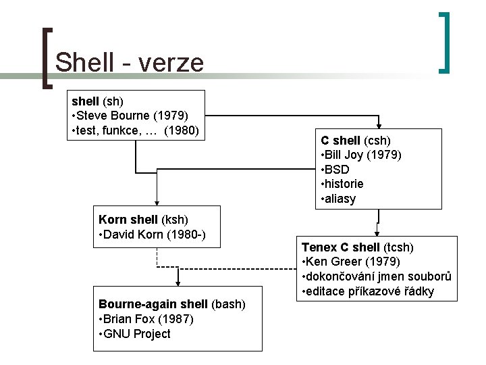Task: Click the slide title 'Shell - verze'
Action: tap(129, 62)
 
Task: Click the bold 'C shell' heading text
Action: tap(341, 141)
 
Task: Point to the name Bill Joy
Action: tap(344, 155)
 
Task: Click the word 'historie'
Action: tap(344, 184)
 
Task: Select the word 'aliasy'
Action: tap(341, 199)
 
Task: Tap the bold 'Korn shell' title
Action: tap(127, 219)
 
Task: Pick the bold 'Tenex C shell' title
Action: tap(341, 247)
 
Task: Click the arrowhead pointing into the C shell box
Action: tap(380, 125)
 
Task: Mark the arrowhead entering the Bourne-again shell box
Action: tap(178, 283)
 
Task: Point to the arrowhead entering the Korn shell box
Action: tap(157, 201)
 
